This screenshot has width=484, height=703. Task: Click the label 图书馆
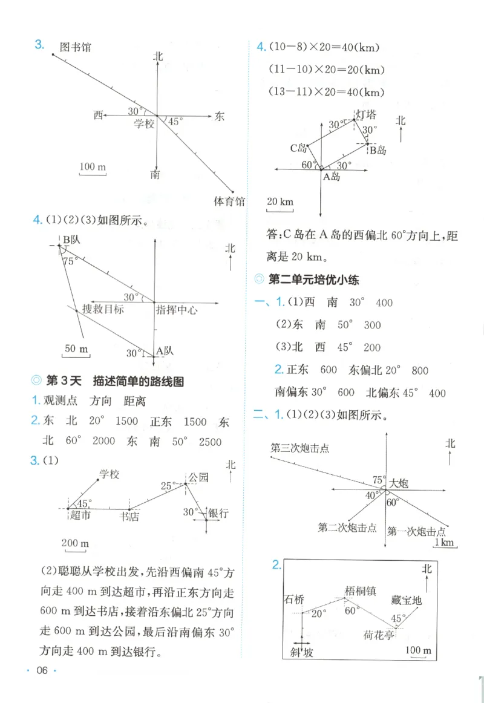pos(76,47)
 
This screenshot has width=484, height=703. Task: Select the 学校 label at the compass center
pos(144,123)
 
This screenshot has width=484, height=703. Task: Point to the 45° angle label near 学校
pos(175,122)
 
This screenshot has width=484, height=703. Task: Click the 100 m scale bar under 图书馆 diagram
pos(93,166)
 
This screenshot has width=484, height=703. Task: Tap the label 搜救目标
pos(103,309)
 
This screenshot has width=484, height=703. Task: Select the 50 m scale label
pos(76,349)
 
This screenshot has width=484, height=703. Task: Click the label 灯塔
pos(367,114)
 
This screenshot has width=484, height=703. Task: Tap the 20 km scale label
pos(280,201)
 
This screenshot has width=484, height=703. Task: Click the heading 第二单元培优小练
pos(313,280)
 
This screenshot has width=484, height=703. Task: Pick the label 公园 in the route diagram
pos(198,477)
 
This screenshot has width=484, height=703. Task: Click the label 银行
pos(218,514)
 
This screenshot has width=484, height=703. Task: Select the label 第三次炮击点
pos(300,448)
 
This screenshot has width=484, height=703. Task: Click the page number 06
pos(42,670)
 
